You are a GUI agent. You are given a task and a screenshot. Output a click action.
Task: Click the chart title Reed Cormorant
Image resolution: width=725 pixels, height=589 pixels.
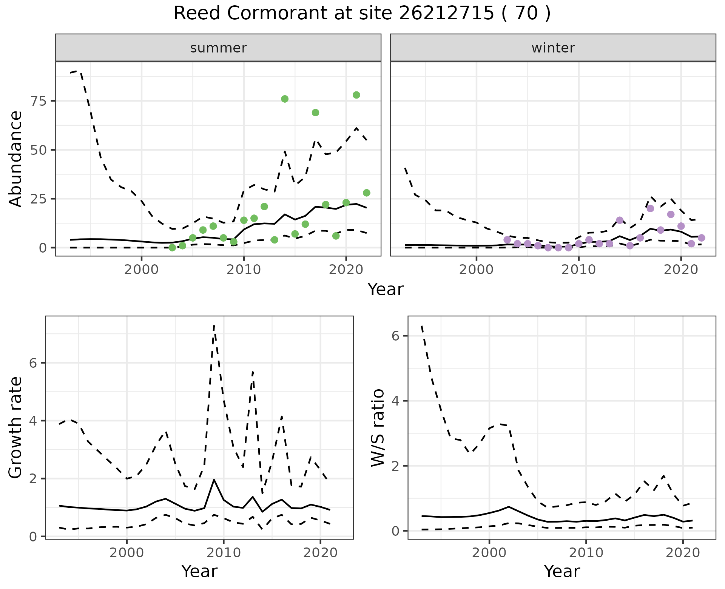click(x=362, y=14)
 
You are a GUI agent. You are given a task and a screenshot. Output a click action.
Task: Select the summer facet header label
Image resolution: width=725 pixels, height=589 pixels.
click(x=218, y=48)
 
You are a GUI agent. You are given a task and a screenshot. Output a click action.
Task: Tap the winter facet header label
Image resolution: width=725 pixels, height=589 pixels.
click(x=553, y=48)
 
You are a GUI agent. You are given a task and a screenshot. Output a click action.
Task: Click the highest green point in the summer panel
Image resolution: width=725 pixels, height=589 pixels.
click(x=356, y=95)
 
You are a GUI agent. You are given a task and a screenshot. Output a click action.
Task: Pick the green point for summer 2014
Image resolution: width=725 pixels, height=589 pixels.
click(x=285, y=99)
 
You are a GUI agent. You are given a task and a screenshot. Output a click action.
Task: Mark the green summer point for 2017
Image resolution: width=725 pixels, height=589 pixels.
click(x=315, y=113)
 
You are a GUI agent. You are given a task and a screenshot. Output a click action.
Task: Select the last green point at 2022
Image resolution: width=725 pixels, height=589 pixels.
click(x=366, y=193)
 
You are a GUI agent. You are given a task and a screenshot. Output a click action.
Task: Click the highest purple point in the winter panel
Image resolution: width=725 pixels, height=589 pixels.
click(x=650, y=208)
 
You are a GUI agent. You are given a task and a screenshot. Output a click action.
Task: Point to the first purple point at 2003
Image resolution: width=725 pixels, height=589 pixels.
click(x=507, y=240)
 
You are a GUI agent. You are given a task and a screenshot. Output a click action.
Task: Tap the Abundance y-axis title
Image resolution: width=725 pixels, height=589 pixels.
click(x=16, y=159)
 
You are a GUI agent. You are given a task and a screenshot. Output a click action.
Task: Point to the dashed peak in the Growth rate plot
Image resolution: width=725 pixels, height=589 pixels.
click(x=214, y=325)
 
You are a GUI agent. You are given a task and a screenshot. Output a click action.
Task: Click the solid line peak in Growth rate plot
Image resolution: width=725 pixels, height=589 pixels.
click(x=214, y=480)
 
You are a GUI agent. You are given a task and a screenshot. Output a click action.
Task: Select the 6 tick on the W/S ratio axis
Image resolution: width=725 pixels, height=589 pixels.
click(x=396, y=336)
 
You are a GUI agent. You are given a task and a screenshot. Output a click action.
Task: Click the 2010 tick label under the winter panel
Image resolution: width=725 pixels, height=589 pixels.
click(x=578, y=270)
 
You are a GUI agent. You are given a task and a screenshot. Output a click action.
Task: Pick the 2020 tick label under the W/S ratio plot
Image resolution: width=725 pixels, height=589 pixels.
click(x=683, y=553)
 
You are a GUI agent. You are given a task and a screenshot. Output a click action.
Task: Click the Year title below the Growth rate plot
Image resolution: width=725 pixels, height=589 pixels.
click(x=199, y=572)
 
